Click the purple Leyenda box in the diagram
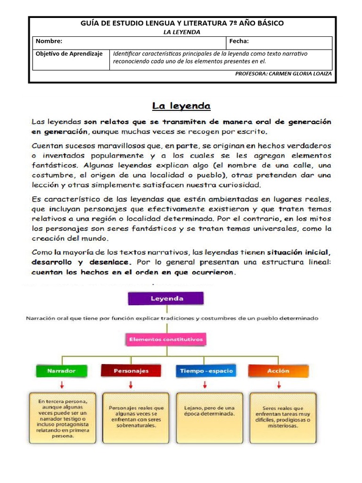coord(165,299)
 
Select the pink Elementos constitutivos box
coord(165,339)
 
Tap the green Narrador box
coord(62,371)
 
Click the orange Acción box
coord(278,371)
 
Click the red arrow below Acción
coord(279,385)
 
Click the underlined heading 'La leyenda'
coord(181,106)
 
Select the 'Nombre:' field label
coord(49,42)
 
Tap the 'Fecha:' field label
coord(239,42)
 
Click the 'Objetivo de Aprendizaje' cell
coord(69,54)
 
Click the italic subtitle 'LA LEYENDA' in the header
coord(181,32)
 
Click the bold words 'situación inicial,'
coord(299,251)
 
